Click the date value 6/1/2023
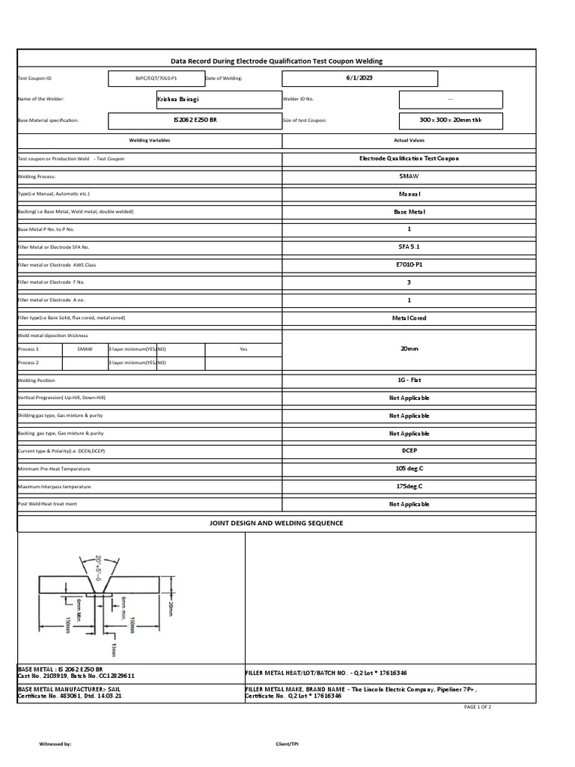[x=359, y=78]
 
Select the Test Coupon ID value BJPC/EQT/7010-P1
[x=156, y=78]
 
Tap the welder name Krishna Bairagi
[x=178, y=99]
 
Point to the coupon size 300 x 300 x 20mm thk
[x=450, y=120]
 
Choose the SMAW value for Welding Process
[x=409, y=177]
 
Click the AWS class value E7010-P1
[x=409, y=265]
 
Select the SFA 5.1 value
[x=409, y=247]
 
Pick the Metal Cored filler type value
[x=409, y=318]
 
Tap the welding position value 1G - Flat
[x=409, y=381]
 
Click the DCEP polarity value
[x=409, y=451]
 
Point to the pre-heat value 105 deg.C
[x=409, y=469]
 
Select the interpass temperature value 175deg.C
[x=409, y=487]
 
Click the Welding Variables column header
[x=150, y=141]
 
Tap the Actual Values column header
[x=409, y=141]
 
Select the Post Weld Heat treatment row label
[x=47, y=504]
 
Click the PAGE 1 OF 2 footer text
[x=478, y=707]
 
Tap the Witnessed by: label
[x=55, y=744]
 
